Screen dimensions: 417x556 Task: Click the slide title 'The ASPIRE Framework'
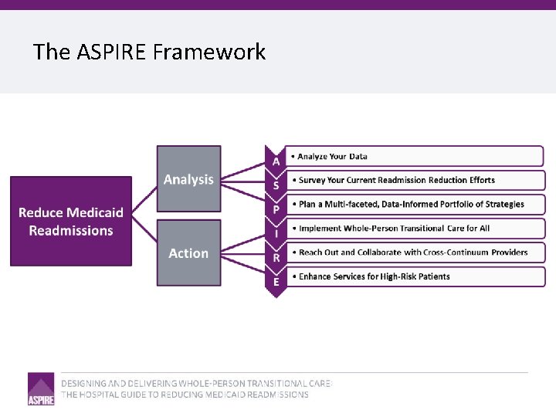pos(149,52)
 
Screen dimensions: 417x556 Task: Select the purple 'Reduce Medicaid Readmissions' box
pos(71,222)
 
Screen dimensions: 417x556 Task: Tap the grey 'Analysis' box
pos(188,179)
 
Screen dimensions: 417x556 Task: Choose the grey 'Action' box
pos(188,253)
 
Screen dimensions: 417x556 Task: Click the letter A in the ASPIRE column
pos(276,161)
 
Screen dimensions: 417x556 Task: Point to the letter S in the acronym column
pos(276,185)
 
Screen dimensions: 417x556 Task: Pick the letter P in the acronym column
pos(276,209)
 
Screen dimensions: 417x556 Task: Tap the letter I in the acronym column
pos(276,233)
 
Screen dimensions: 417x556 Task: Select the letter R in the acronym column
pos(276,257)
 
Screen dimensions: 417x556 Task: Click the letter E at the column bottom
pos(276,282)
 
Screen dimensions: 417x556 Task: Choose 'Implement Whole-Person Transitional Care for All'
pos(394,229)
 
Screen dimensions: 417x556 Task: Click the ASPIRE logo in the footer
pos(41,388)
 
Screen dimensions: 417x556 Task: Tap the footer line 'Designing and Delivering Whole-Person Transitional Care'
pos(196,383)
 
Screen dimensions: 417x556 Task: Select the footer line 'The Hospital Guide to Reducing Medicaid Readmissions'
pos(185,395)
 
